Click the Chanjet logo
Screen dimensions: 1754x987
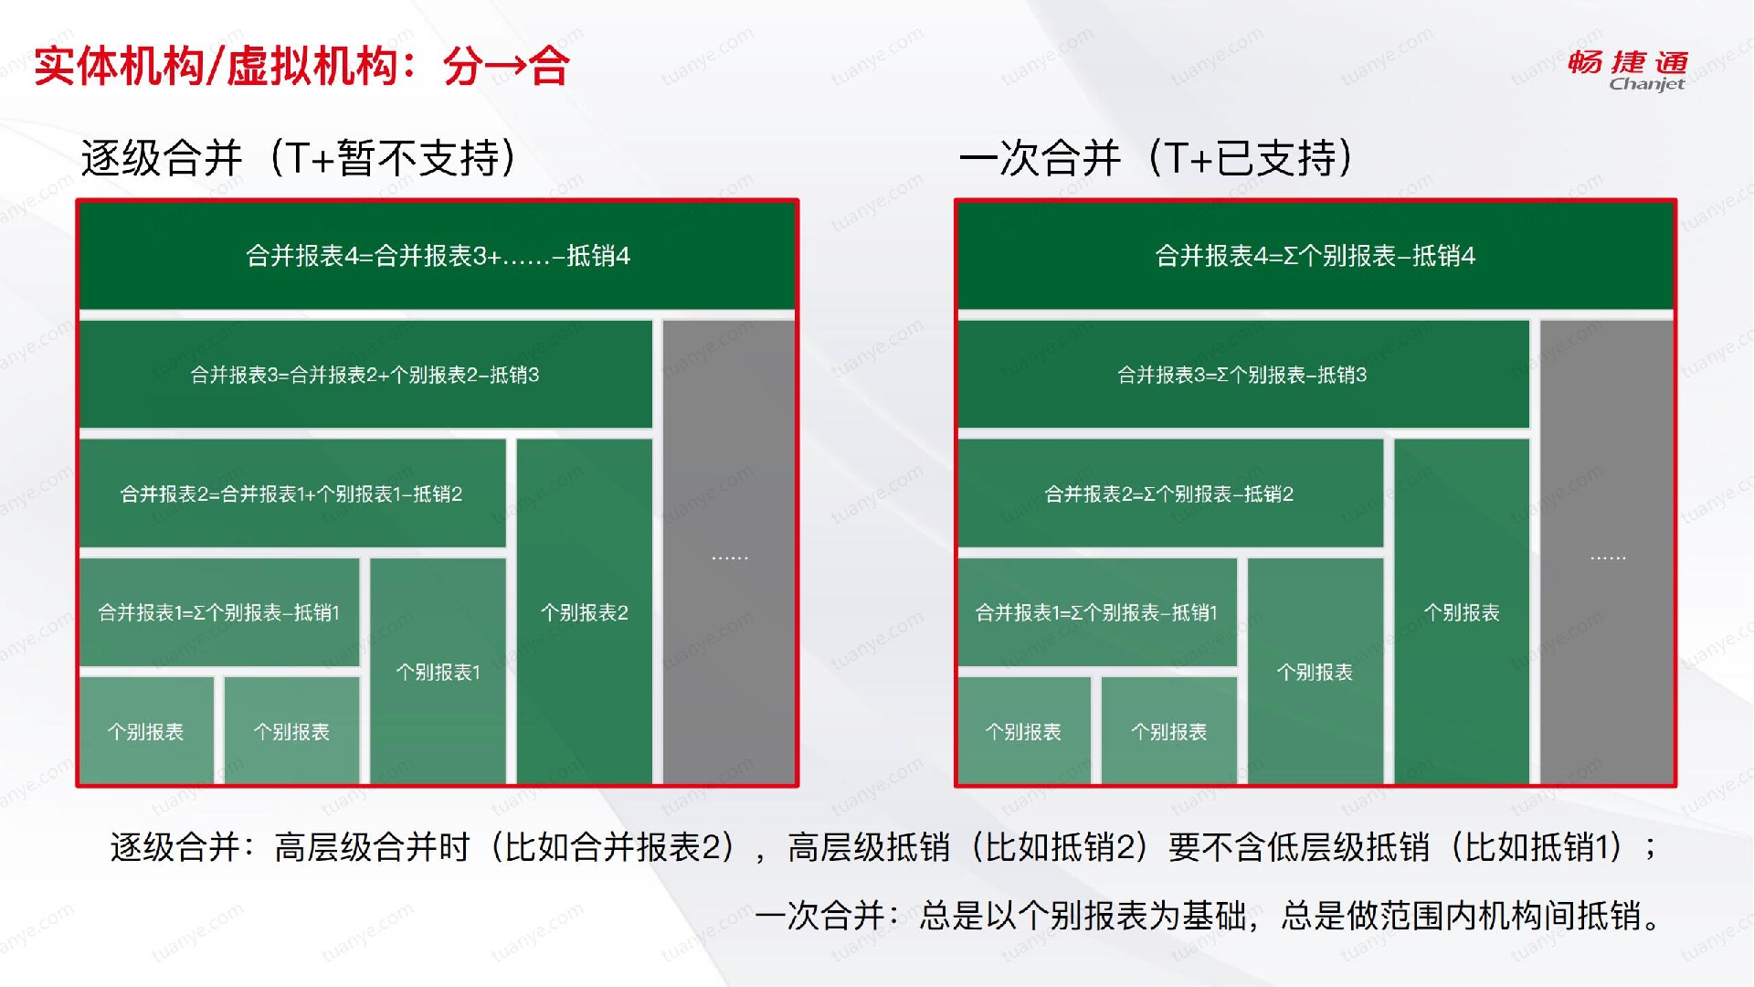1627,69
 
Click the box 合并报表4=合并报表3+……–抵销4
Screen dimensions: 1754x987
438,256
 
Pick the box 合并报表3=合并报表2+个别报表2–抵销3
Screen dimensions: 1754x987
365,374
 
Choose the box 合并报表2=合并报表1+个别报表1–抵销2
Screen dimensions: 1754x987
292,493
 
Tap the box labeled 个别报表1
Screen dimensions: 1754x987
438,671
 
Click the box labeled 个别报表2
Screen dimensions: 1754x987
585,611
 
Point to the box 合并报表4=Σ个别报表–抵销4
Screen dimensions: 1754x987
1315,256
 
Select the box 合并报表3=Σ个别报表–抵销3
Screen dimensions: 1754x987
1243,374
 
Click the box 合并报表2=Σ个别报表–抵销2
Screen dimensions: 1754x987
1170,493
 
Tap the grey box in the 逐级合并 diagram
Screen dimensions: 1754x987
729,552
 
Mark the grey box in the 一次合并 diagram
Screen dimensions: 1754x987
1607,552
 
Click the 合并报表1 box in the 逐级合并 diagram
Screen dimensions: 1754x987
219,612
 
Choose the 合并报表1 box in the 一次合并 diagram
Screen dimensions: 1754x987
1097,612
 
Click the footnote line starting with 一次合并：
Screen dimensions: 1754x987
1210,915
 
